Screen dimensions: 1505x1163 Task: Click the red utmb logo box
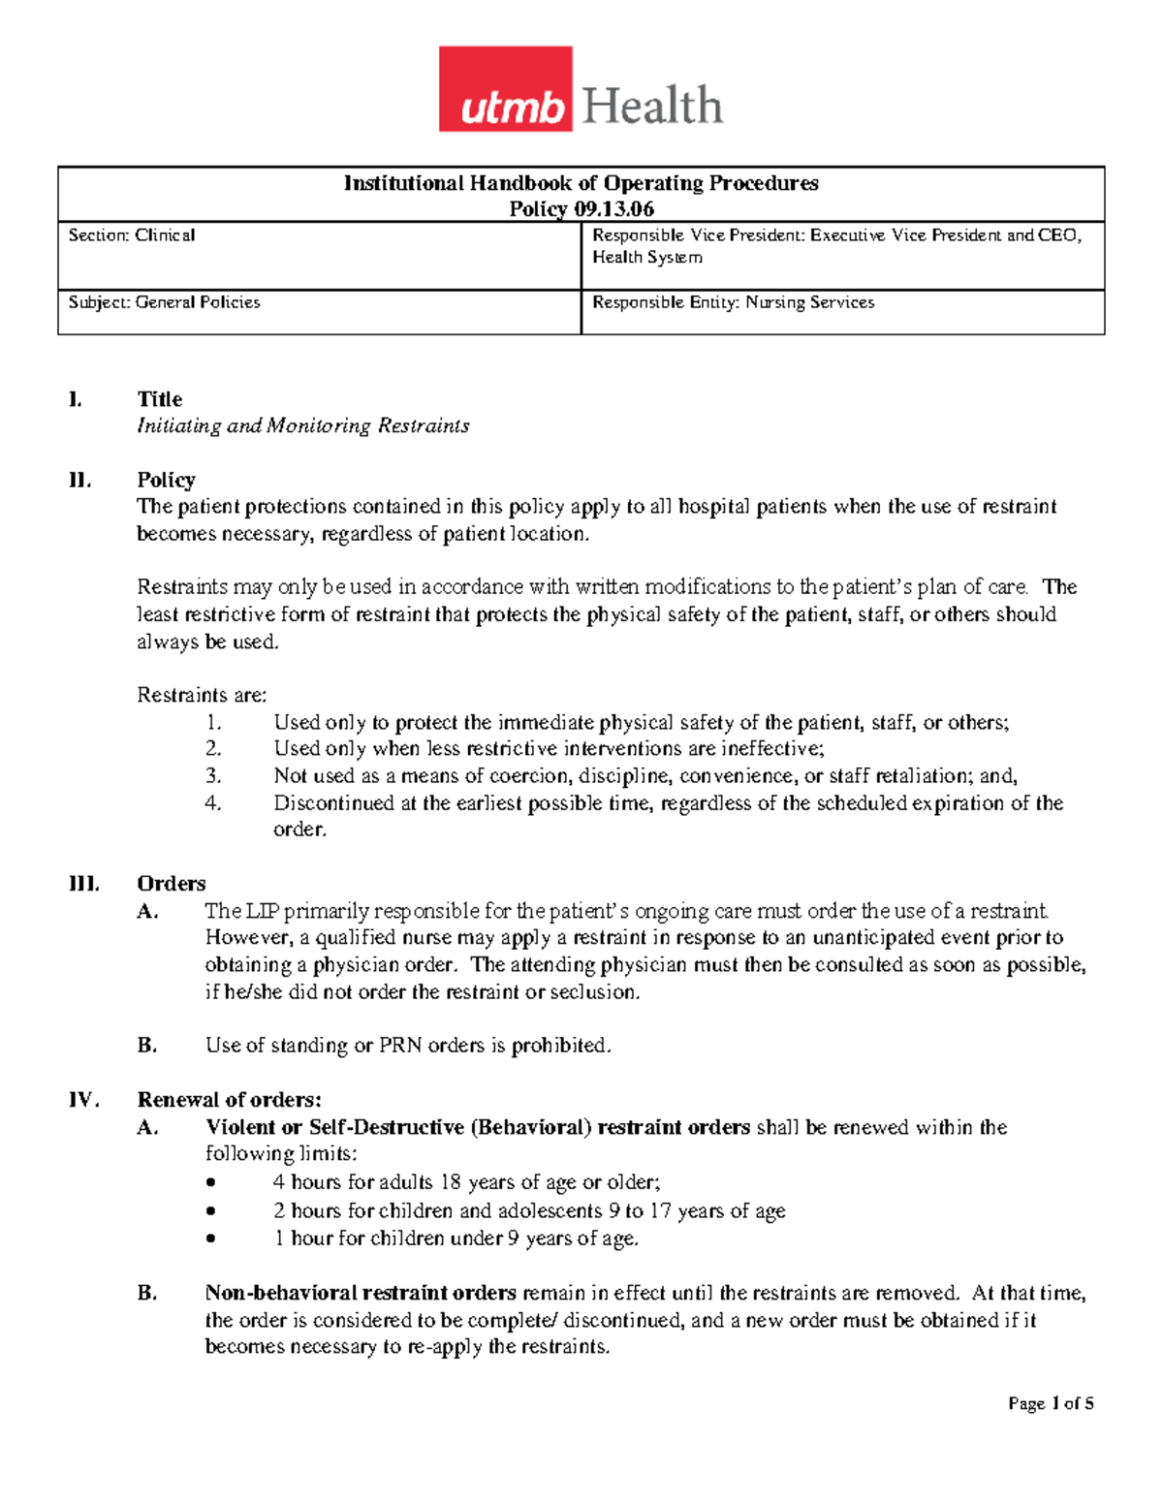[505, 89]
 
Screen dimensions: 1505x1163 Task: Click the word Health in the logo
[652, 106]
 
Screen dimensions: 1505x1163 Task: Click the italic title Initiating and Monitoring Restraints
[302, 426]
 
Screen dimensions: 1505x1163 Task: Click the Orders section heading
[172, 884]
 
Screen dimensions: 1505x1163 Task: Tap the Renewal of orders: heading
[229, 1100]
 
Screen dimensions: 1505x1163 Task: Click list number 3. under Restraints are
[213, 776]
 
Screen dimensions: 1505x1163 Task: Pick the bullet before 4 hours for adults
[212, 1183]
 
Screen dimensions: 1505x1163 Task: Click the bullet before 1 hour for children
[212, 1239]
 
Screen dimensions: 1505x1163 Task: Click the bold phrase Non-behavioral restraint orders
[361, 1294]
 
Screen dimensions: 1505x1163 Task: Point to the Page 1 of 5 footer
[1051, 1403]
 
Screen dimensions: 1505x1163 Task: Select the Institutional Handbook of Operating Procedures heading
[581, 183]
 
